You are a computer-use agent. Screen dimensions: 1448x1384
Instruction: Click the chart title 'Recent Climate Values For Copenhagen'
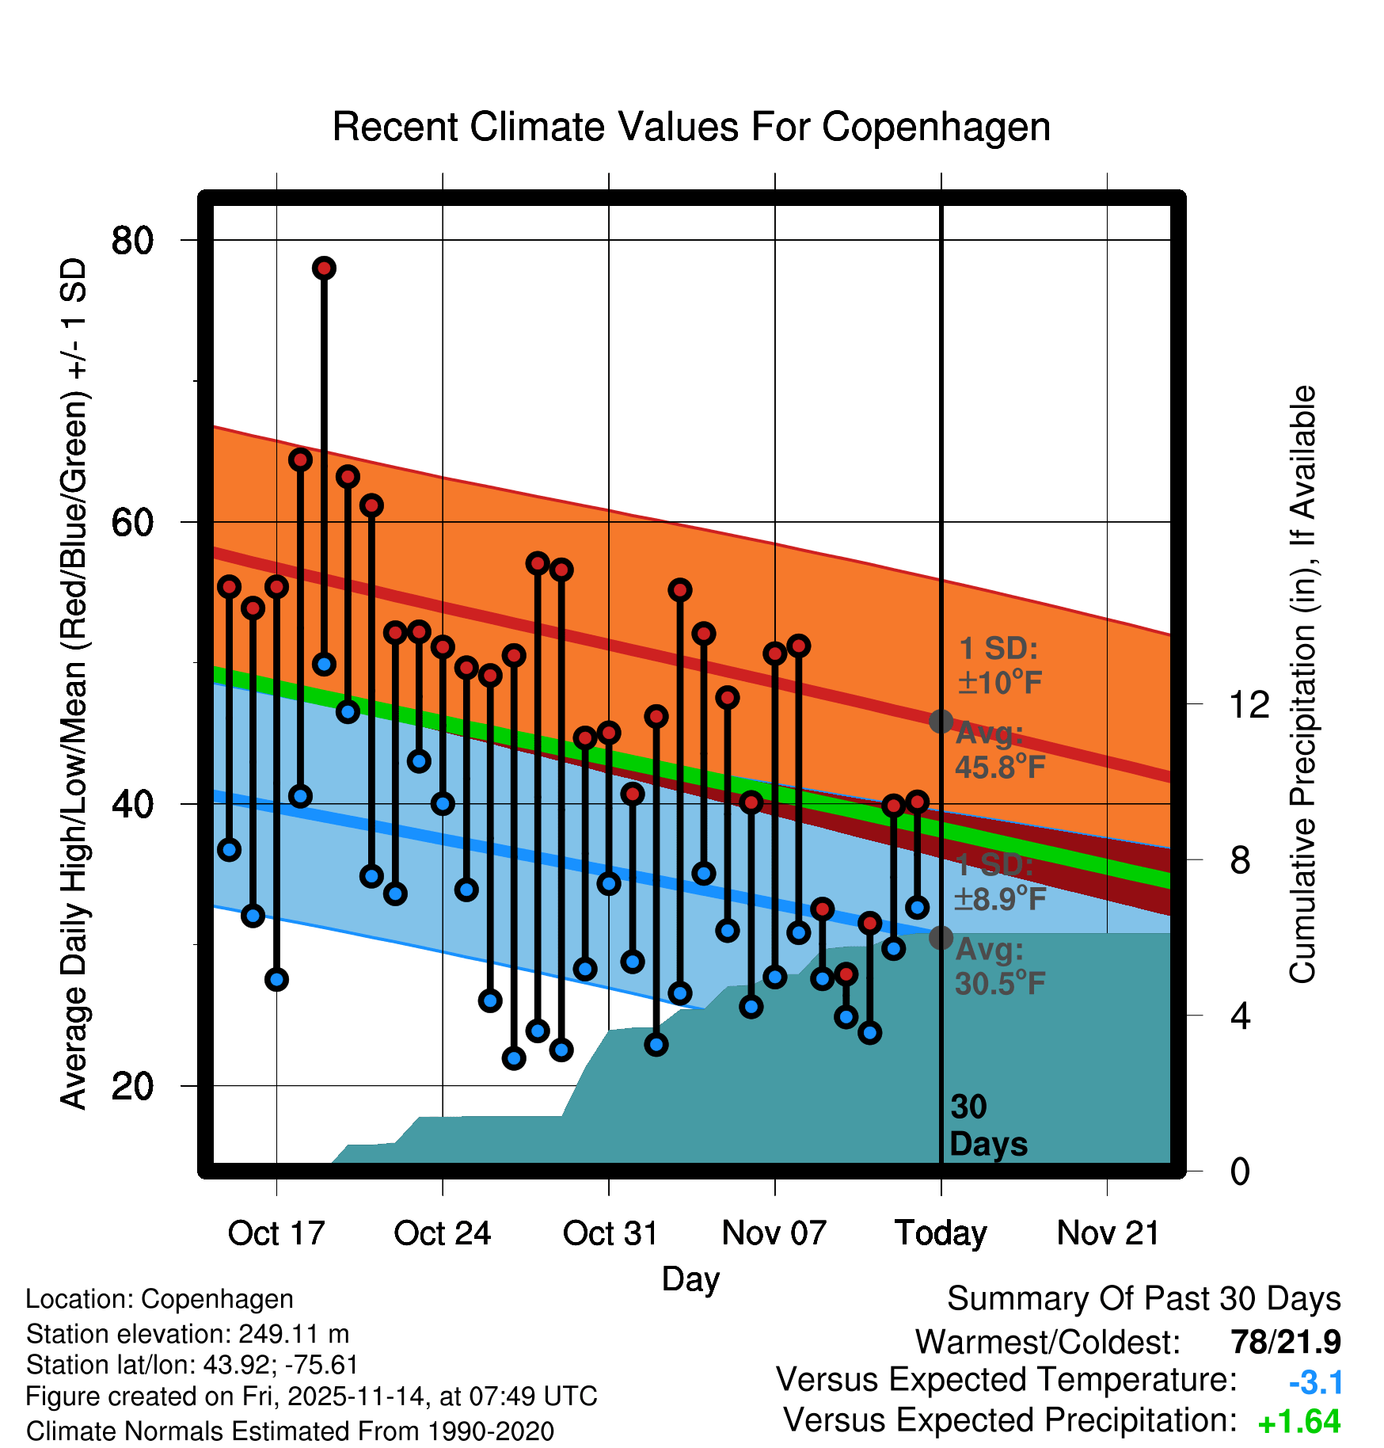click(x=691, y=127)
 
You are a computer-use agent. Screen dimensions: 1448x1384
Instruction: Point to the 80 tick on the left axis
click(x=132, y=240)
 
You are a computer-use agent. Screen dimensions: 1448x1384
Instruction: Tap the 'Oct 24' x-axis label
click(x=442, y=1233)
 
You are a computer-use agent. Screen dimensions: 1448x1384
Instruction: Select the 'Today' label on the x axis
click(x=941, y=1233)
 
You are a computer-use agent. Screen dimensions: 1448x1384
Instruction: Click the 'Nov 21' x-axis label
click(x=1108, y=1233)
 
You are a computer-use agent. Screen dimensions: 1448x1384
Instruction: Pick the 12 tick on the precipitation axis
click(x=1249, y=704)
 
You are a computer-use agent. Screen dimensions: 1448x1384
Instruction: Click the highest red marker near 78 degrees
click(x=324, y=269)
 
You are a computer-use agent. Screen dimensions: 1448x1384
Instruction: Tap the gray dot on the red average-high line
click(x=941, y=722)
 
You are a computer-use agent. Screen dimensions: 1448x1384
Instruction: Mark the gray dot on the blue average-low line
click(x=941, y=938)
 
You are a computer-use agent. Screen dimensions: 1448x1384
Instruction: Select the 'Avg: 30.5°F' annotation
click(x=999, y=967)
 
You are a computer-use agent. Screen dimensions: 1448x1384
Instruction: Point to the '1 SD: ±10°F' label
click(x=999, y=665)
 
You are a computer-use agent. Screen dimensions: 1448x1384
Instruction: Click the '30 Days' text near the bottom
click(x=987, y=1126)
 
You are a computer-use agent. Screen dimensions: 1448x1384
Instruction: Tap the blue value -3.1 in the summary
click(x=1315, y=1383)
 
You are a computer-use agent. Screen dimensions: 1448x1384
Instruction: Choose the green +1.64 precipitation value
click(x=1298, y=1422)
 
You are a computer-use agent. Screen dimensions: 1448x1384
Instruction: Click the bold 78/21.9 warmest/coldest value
click(x=1285, y=1342)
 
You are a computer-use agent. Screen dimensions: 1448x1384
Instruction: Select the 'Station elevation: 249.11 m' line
click(x=188, y=1334)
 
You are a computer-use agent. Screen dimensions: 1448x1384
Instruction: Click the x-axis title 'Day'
click(x=690, y=1279)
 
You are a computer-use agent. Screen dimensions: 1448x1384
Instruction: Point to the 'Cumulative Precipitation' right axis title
click(x=1303, y=684)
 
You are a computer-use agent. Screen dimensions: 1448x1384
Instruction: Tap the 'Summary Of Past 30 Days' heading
click(x=1143, y=1299)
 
